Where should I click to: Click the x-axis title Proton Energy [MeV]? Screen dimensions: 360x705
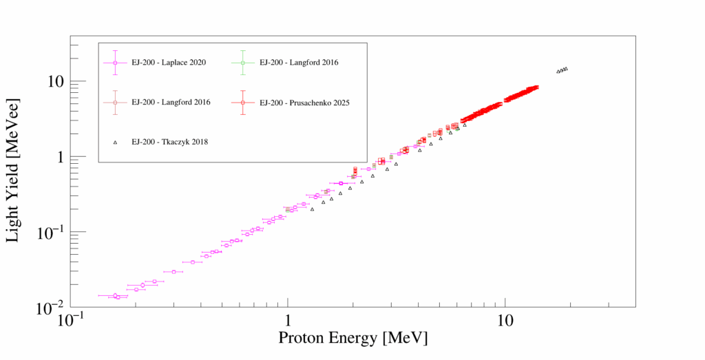[352, 338]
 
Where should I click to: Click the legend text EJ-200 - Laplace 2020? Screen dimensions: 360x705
[169, 63]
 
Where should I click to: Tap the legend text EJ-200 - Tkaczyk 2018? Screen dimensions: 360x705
[170, 142]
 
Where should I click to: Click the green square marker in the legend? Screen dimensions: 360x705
[243, 63]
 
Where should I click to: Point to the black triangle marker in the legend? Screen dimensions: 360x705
[116, 142]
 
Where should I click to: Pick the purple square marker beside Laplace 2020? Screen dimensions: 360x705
[116, 63]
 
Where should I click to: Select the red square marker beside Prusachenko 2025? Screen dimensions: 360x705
[243, 103]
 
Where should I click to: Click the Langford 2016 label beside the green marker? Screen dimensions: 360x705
[299, 63]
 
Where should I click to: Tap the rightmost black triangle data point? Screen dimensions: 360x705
[566, 68]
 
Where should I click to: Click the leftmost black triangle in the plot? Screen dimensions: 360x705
[312, 209]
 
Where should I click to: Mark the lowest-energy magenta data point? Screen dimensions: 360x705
[115, 295]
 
